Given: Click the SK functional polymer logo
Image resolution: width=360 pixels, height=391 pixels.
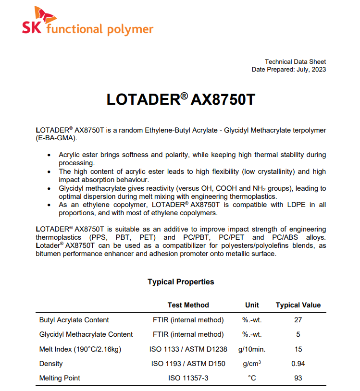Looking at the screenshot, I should pos(87,24).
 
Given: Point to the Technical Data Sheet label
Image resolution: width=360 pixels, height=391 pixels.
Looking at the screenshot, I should pos(295,61).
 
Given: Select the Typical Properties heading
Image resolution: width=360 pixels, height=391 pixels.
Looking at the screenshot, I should pos(181,282).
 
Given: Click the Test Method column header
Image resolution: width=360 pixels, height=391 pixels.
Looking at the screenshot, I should pos(188,305).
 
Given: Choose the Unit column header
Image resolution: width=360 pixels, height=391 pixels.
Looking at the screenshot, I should pos(252,305).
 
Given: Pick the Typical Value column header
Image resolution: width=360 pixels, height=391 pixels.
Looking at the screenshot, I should pos(298,305).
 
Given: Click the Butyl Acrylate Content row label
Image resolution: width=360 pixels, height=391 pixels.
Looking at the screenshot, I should pos(74,320).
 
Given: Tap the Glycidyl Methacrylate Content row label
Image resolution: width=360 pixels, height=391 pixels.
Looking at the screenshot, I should pos(86,334).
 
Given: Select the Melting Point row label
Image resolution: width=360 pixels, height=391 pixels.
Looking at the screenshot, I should pos(60,378).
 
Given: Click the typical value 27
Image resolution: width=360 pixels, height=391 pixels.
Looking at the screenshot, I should pos(298,320).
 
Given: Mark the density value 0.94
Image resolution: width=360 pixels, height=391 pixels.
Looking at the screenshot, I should pos(298,364).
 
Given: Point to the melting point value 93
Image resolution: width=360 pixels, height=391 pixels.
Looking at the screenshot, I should pos(298,378).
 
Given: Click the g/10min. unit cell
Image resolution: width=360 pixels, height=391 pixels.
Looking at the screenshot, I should pos(252,349).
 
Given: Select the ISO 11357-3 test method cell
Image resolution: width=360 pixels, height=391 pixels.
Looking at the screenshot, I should pos(188,378).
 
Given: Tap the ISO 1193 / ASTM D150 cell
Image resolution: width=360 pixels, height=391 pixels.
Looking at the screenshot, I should pos(188,364).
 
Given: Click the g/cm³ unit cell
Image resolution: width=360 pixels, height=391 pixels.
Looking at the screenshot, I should pos(252,364).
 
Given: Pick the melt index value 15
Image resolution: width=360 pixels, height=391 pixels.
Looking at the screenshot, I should pos(298,349).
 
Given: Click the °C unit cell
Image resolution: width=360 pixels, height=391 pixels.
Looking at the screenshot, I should pos(252,378).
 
